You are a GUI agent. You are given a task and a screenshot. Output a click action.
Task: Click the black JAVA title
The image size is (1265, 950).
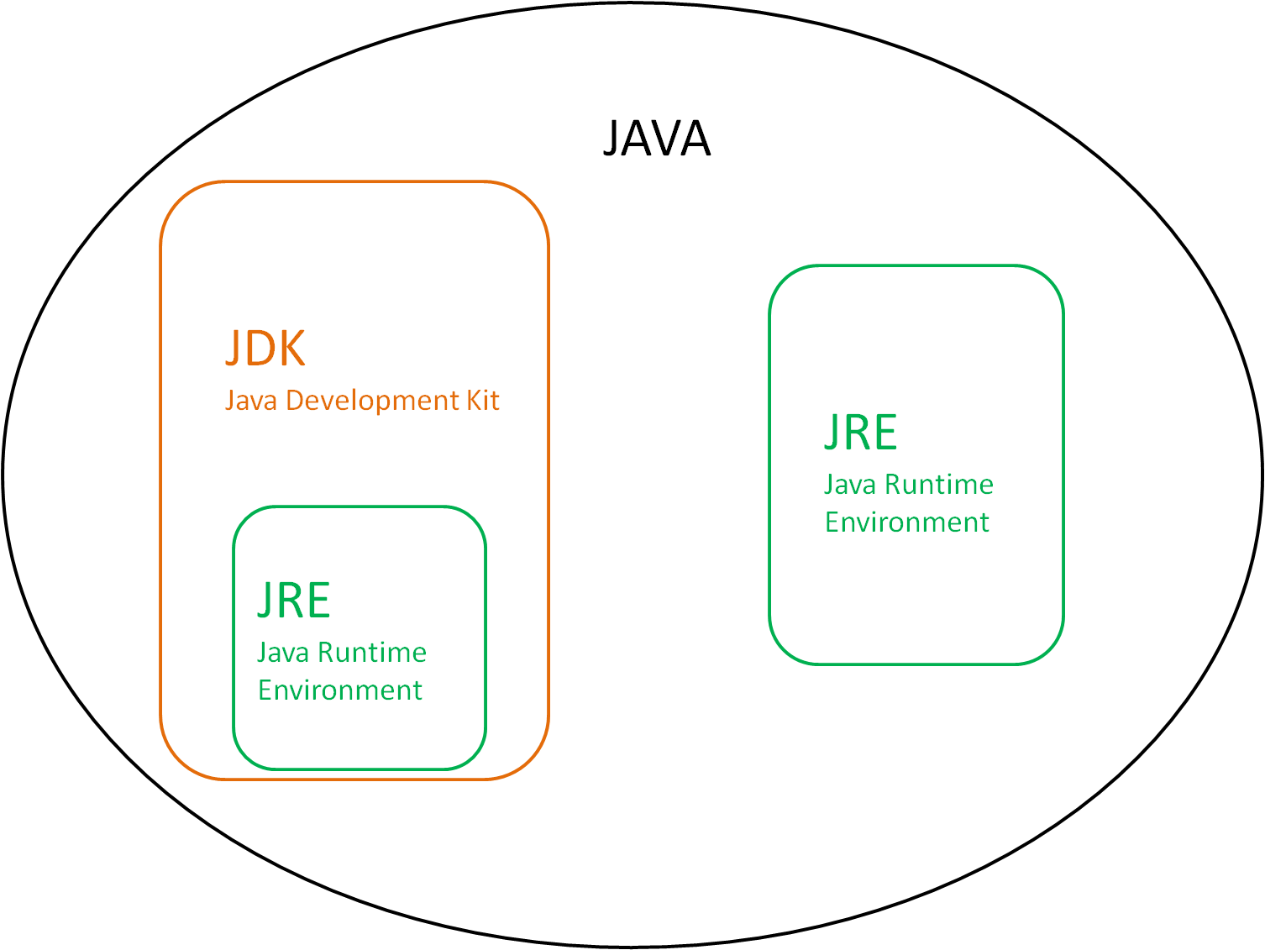point(657,139)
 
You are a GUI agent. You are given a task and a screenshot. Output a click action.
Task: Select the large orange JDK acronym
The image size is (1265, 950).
point(265,348)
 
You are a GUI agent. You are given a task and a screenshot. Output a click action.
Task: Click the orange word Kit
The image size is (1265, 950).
point(483,400)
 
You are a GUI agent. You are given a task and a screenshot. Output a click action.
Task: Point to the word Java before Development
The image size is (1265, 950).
point(251,401)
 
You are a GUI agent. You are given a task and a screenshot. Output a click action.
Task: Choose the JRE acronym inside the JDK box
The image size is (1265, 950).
point(294,600)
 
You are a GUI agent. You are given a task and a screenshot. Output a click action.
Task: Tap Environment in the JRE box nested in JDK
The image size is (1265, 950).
point(340,690)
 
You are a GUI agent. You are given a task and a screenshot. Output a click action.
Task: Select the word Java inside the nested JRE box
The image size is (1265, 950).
point(283,653)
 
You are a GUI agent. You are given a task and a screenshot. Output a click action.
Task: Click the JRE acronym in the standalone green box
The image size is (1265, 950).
point(861,432)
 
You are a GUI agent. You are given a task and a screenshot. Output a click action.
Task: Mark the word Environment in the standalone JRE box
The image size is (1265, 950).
point(907,522)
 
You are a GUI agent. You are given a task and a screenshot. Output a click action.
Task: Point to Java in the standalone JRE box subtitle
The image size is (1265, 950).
point(850,485)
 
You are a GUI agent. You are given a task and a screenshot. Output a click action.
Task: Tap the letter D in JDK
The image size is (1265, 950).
point(260,348)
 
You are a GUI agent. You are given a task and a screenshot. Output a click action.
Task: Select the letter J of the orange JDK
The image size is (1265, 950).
point(234,349)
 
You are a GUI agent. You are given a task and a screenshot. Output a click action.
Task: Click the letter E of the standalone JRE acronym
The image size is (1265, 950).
point(884,432)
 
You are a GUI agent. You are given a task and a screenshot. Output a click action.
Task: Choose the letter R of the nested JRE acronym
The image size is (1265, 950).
point(291,600)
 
